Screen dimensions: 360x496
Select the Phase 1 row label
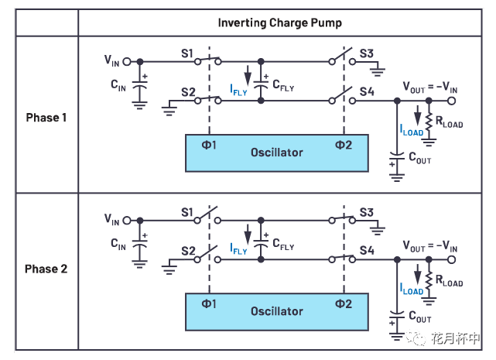[46, 118]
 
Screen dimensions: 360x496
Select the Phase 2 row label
[46, 269]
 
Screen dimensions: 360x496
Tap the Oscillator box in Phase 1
[276, 153]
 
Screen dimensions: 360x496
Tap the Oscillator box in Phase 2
[276, 311]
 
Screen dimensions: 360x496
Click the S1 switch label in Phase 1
[186, 53]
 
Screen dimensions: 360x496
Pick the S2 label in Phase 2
[186, 251]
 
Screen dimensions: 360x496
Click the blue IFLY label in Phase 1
[238, 91]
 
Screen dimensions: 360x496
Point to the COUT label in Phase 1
[419, 160]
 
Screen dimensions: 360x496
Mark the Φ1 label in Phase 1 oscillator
[207, 145]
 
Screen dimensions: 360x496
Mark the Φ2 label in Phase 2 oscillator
[343, 303]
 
